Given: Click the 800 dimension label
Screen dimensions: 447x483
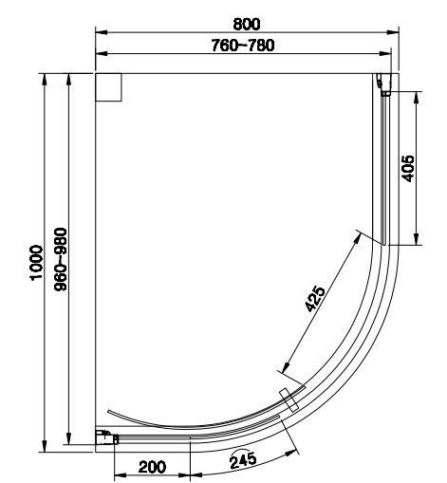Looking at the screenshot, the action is point(247,24).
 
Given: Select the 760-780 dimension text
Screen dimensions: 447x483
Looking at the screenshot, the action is point(243,46).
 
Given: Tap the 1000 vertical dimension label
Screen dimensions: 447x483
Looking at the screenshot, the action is point(36,262).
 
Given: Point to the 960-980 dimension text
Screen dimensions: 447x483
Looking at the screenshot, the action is point(61,259).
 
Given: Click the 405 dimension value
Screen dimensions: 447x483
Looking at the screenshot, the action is point(408,168).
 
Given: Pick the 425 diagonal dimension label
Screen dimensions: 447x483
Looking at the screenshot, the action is point(315,299).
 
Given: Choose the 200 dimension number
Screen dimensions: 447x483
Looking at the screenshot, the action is point(152,467).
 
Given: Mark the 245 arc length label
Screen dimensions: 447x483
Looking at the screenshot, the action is point(243,459).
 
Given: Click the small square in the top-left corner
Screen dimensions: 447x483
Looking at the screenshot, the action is point(108,87).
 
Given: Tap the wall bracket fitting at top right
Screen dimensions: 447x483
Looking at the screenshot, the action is point(383,84).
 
